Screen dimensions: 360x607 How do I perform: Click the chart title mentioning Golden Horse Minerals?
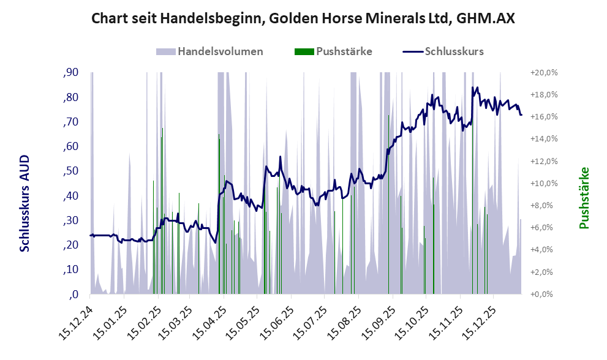303,18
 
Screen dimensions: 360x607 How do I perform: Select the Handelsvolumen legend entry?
220,51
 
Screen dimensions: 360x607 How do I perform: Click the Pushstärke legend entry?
344,51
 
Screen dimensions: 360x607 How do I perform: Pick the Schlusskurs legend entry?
453,51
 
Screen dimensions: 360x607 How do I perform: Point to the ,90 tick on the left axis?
70,73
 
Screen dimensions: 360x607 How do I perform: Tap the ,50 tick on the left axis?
70,171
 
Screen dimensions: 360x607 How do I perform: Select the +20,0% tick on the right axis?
543,73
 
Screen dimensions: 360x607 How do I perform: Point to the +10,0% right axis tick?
543,184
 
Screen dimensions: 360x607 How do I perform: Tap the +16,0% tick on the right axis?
543,117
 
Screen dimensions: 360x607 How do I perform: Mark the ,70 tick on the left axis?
70,122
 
